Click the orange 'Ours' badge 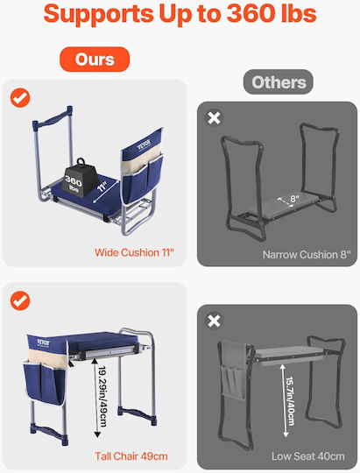95,60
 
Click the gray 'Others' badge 279,81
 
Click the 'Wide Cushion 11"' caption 134,252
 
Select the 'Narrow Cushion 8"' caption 307,255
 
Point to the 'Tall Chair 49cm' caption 131,456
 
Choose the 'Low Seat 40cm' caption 308,456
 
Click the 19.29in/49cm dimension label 102,397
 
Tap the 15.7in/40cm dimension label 290,401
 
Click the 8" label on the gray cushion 295,199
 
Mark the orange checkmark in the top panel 20,98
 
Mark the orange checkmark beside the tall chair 20,300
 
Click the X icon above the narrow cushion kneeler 214,118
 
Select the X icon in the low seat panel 214,321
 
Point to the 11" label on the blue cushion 102,187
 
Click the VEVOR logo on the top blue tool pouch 144,145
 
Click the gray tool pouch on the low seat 234,371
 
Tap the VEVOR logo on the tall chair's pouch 44,342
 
